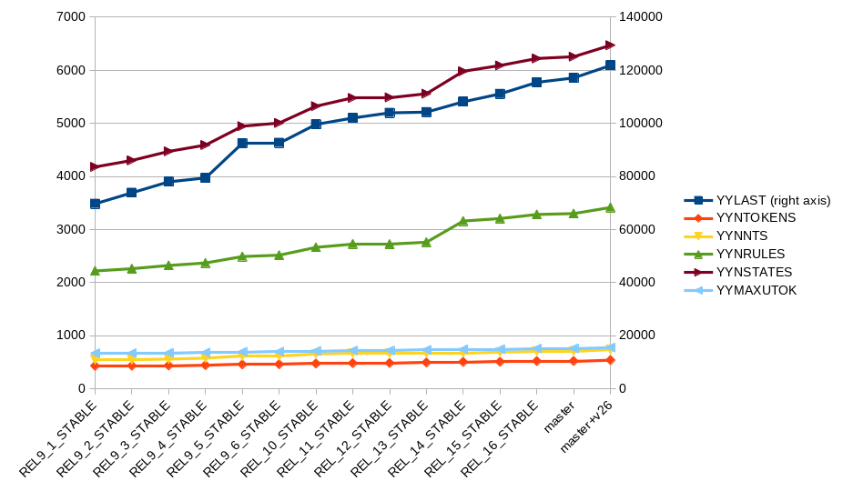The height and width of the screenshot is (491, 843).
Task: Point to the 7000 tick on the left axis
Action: (70, 17)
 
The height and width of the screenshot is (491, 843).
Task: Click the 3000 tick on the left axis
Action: (70, 229)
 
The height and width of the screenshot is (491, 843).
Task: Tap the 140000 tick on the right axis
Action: (641, 17)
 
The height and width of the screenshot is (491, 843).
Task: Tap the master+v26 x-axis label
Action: (586, 427)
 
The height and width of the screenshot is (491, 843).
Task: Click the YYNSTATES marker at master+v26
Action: (610, 45)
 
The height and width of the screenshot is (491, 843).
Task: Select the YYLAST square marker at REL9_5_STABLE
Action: (242, 143)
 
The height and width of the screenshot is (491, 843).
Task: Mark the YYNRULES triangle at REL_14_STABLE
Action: (463, 221)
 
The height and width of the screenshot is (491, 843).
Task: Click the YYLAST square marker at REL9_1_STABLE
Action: (95, 204)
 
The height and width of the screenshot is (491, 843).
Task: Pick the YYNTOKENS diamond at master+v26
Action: (610, 360)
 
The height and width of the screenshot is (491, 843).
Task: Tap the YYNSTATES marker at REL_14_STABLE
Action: (463, 71)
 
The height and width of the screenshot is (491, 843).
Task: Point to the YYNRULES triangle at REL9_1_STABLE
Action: (95, 271)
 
